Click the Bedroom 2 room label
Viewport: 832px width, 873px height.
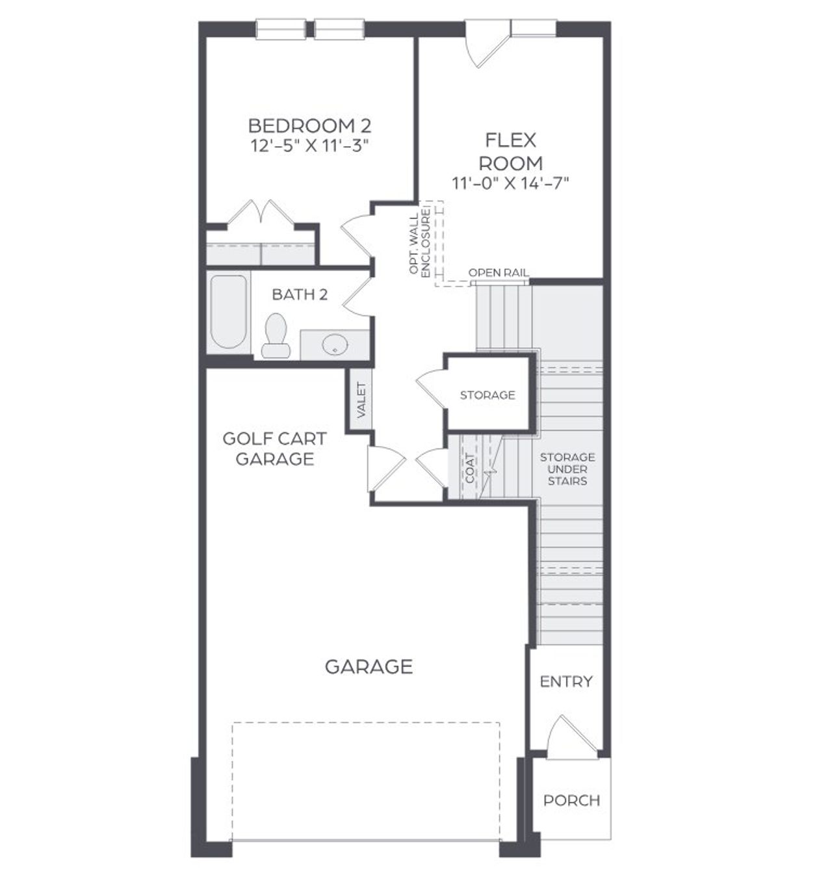tap(309, 125)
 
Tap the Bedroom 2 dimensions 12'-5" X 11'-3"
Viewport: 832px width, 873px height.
tap(309, 146)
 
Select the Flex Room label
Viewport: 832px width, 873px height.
tap(511, 151)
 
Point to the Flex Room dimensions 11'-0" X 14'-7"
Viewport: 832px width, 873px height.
tap(511, 183)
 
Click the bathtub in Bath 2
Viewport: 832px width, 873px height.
tap(229, 312)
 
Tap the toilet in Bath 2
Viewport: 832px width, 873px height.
tap(276, 334)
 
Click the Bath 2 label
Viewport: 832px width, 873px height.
tap(300, 294)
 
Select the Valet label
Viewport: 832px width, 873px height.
tap(361, 400)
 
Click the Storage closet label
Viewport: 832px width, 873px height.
tap(487, 395)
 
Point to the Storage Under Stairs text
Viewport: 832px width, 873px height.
tap(567, 469)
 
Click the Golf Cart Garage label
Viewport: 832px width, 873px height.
tap(274, 449)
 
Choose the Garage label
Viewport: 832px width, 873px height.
tap(369, 666)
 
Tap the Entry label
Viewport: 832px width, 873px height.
tap(566, 681)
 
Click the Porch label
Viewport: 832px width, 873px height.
tap(571, 800)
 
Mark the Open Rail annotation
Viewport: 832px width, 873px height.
tap(499, 273)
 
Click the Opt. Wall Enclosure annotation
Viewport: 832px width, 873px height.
tap(420, 244)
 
